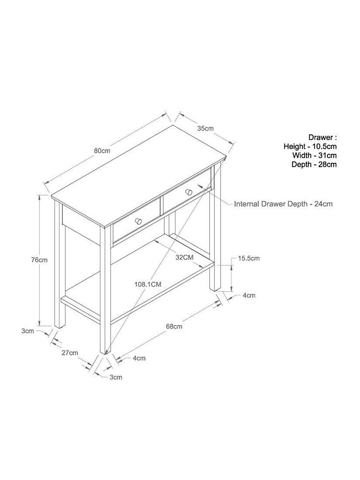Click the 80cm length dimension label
[102, 151]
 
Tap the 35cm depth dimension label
[205, 129]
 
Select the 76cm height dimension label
[39, 260]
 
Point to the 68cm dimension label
[174, 326]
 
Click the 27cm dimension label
[70, 353]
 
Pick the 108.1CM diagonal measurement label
[147, 285]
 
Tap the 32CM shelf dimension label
[184, 257]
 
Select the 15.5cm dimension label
[249, 258]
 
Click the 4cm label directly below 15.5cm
[249, 295]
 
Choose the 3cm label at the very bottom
[116, 377]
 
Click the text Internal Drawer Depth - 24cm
[283, 204]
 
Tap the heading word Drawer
[320, 137]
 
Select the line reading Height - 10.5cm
[310, 146]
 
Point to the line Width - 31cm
[314, 155]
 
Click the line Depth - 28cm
[314, 165]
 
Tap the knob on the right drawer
[189, 192]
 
